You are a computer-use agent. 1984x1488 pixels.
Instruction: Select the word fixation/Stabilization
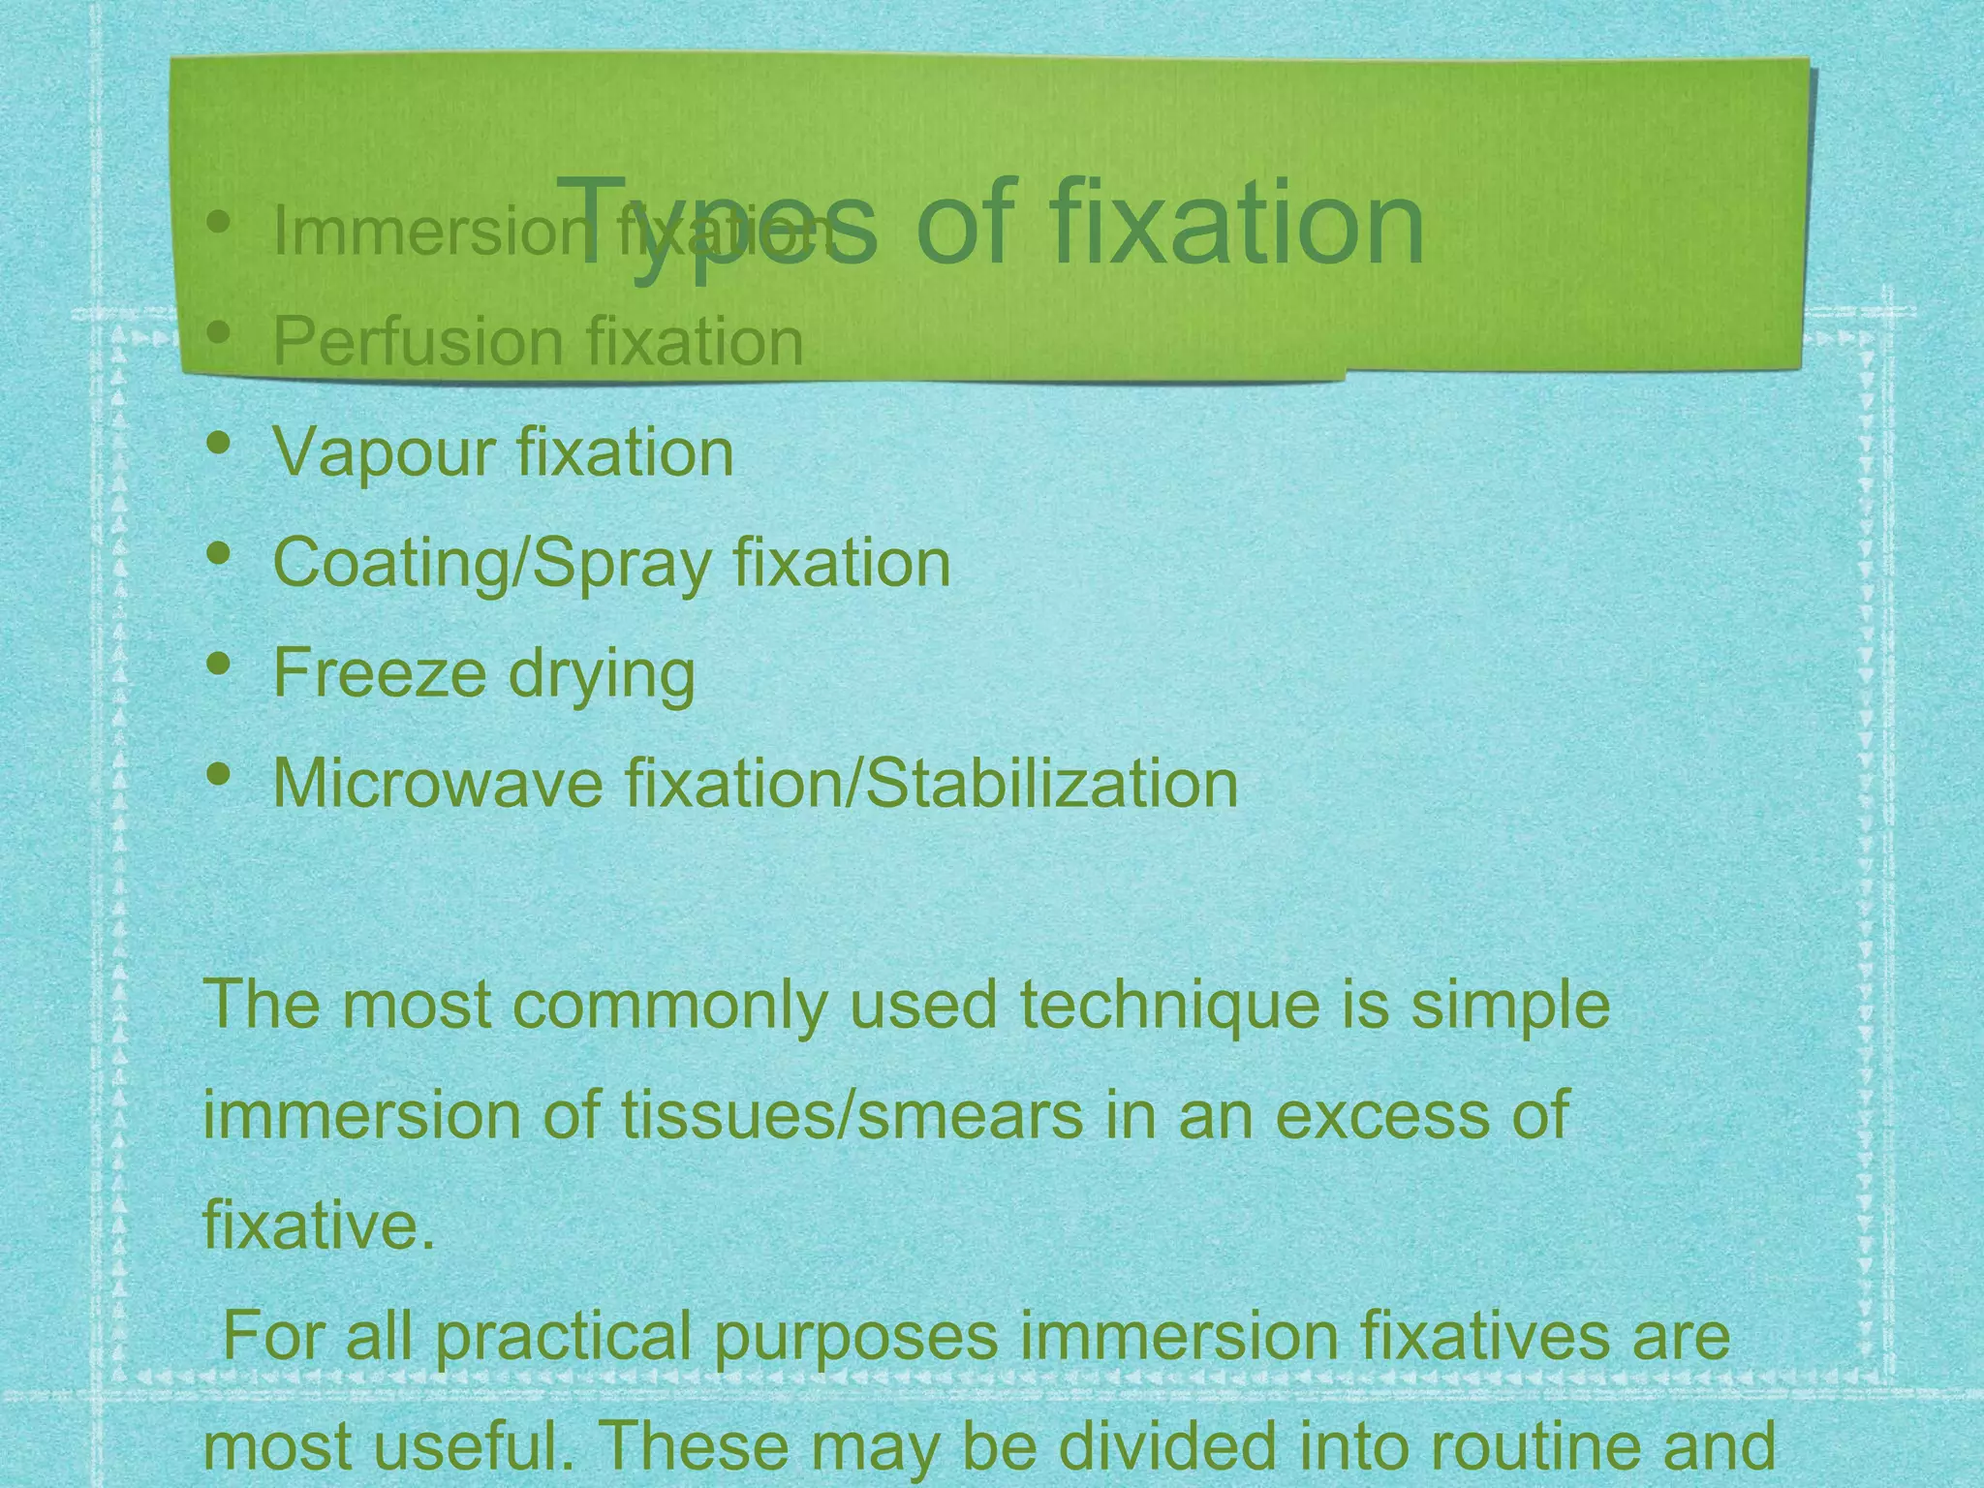pos(931,783)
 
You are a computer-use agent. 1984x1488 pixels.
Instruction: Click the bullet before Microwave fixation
pos(220,775)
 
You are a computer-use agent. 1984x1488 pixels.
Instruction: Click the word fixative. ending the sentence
pos(319,1225)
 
